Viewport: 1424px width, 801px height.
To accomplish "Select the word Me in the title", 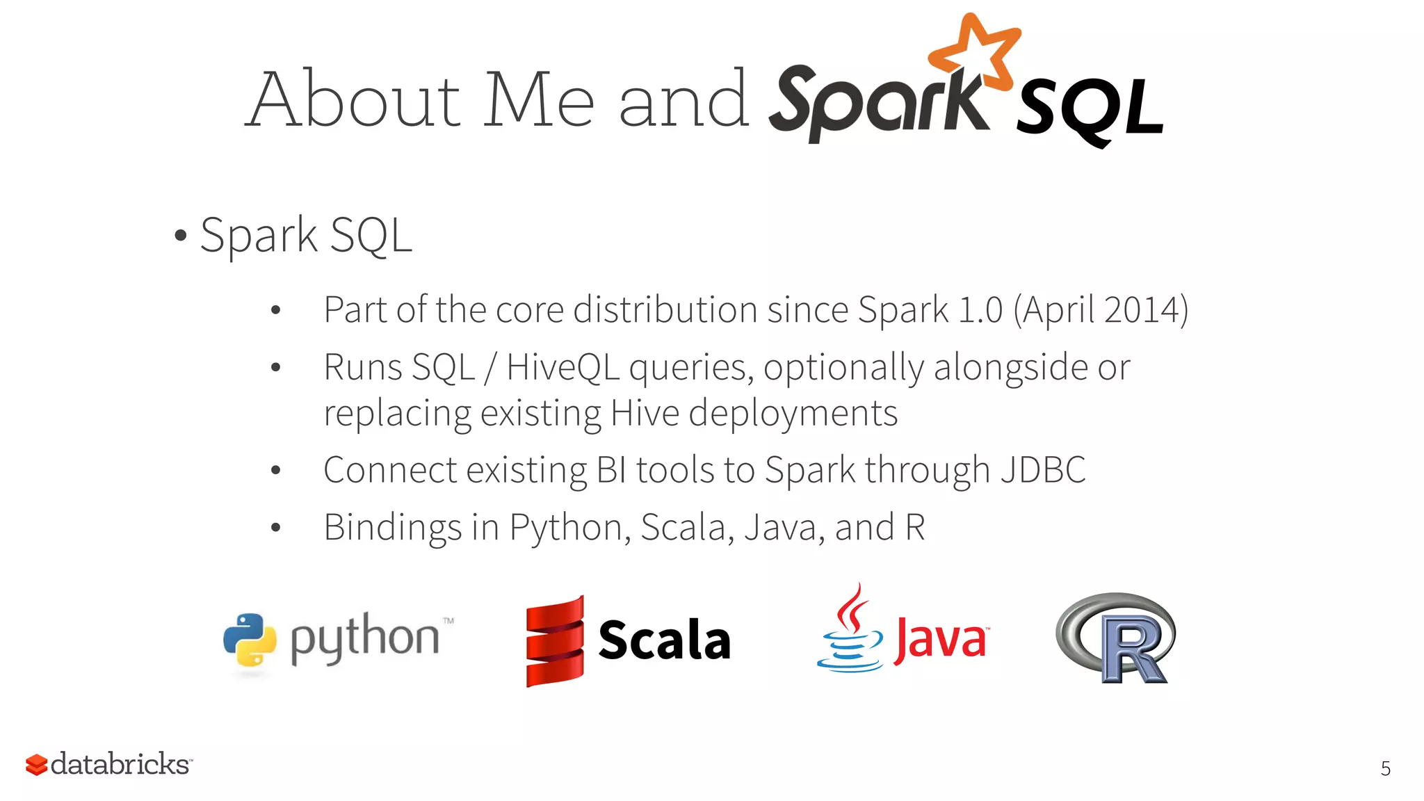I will [539, 100].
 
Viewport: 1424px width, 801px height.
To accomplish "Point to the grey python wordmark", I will [365, 638].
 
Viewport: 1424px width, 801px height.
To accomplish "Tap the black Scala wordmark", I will [664, 640].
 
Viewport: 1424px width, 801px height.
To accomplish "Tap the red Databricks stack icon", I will [36, 765].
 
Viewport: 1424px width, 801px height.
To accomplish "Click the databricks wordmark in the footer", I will [120, 764].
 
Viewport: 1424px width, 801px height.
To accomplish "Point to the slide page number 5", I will [1385, 768].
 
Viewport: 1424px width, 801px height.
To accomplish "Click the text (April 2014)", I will [1101, 310].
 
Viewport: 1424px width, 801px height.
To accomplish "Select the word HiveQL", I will [563, 367].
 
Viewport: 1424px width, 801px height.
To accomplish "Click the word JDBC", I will [1043, 470].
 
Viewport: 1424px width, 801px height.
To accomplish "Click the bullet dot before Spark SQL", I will [181, 236].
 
